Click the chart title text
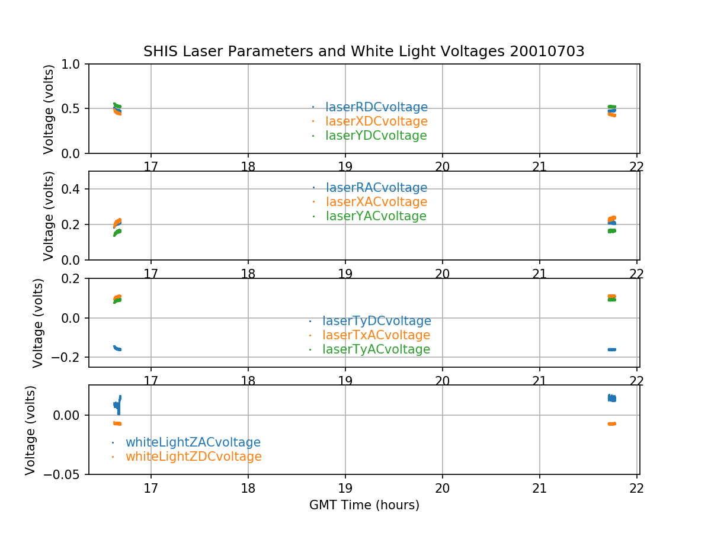tap(364, 52)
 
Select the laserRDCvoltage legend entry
tap(376, 107)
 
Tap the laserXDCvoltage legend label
tap(376, 121)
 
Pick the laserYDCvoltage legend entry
tap(376, 136)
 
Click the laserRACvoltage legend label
tap(376, 188)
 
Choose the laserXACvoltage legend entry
tap(376, 202)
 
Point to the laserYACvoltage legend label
tap(376, 216)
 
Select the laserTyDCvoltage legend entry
tap(376, 321)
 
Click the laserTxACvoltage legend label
tap(376, 335)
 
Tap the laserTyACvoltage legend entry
tap(376, 349)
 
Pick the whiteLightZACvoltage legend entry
tap(193, 442)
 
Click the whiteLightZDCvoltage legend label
tap(193, 457)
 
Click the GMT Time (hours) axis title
tap(364, 505)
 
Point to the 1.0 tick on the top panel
tap(75, 64)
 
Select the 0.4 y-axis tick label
tap(75, 189)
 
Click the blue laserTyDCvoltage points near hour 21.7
tap(611, 349)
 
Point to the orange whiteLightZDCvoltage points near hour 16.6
tap(117, 423)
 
